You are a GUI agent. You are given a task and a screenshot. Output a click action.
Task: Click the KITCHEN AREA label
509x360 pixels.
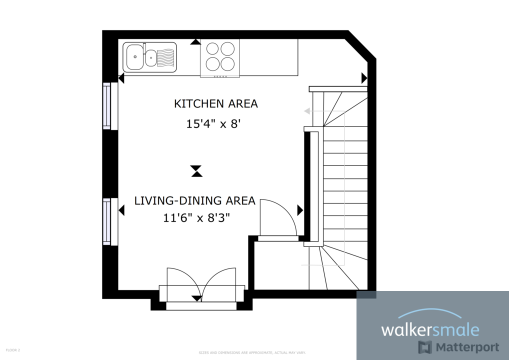215,104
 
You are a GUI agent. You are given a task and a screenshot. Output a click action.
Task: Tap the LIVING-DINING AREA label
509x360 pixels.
194,201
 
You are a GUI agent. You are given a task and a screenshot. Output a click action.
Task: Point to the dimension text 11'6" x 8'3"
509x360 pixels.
196,218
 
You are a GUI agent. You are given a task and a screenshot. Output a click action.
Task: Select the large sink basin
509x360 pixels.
133,57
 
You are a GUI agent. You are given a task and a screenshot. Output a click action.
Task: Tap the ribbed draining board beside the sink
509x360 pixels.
166,57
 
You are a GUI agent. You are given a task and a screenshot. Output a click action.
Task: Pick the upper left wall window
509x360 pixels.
107,106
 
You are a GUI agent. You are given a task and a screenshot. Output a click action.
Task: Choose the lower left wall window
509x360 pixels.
107,221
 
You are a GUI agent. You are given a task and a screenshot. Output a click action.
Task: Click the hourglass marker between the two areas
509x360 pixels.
197,171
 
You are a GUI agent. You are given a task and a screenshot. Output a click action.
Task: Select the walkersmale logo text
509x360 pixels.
430,330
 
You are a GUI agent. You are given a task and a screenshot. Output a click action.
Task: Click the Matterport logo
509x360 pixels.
458,347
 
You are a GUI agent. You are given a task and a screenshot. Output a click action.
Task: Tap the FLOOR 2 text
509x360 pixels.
13,350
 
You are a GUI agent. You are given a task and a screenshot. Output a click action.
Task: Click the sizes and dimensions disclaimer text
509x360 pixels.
252,352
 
